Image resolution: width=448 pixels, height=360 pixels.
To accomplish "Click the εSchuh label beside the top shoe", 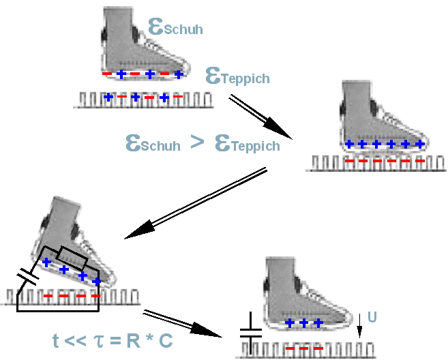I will point(175,27).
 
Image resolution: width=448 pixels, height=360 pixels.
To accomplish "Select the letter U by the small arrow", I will point(372,317).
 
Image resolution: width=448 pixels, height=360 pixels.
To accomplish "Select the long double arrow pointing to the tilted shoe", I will point(198,205).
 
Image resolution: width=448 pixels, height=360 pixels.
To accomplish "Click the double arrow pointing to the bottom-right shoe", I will point(184,324).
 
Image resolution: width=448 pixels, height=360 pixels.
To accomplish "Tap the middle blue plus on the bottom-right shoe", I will point(303,322).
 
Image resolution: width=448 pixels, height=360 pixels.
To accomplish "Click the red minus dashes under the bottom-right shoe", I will point(303,348).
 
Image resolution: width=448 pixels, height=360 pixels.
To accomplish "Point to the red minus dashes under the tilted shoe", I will point(71,296).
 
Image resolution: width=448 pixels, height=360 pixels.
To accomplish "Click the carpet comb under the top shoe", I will point(143,100).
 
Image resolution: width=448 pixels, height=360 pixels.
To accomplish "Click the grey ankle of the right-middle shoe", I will point(358,99).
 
